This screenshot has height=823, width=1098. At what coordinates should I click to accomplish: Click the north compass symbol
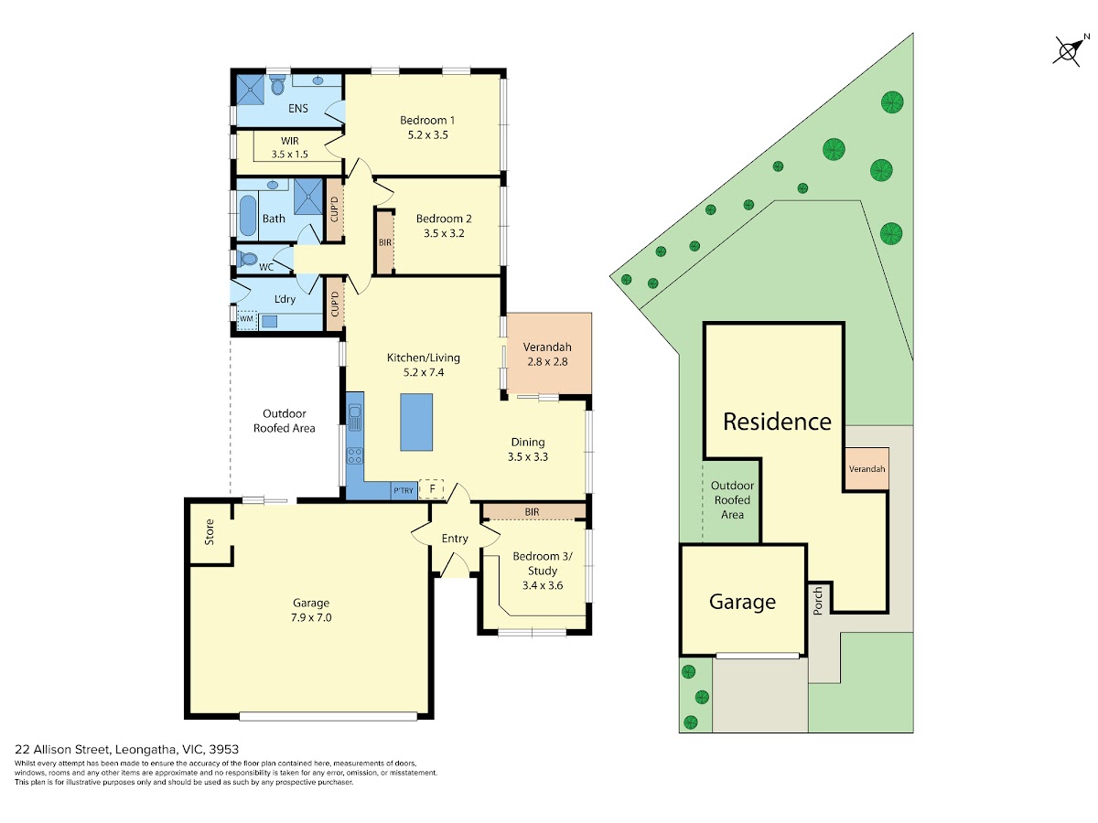pyautogui.click(x=1068, y=51)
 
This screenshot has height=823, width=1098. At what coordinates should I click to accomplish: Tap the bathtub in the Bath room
pyautogui.click(x=247, y=217)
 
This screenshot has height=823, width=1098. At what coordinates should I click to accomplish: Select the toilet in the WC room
pyautogui.click(x=248, y=259)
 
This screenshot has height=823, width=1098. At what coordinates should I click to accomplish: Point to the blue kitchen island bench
pyautogui.click(x=415, y=422)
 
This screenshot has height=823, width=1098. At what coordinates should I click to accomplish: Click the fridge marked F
pyautogui.click(x=431, y=488)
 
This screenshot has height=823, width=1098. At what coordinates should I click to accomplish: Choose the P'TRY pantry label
pyautogui.click(x=404, y=491)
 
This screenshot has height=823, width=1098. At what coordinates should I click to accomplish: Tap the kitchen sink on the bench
pyautogui.click(x=355, y=418)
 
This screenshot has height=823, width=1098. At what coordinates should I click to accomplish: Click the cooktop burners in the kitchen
pyautogui.click(x=355, y=455)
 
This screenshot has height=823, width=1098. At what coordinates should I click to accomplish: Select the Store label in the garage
pyautogui.click(x=210, y=531)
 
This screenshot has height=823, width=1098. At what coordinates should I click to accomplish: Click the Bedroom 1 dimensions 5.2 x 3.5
pyautogui.click(x=427, y=135)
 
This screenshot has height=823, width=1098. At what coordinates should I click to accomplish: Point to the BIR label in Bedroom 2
pyautogui.click(x=385, y=243)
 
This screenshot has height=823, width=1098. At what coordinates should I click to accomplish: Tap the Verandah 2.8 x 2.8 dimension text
pyautogui.click(x=547, y=362)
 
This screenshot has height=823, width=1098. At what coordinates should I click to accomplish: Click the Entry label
pyautogui.click(x=455, y=539)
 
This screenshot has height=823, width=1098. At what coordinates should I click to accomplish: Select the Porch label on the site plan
pyautogui.click(x=818, y=600)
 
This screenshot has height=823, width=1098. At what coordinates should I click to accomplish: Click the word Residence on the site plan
pyautogui.click(x=778, y=422)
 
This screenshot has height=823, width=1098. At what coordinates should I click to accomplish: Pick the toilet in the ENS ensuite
pyautogui.click(x=277, y=85)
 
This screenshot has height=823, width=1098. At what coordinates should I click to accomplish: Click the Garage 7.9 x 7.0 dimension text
pyautogui.click(x=311, y=617)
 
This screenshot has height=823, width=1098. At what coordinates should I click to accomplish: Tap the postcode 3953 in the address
pyautogui.click(x=223, y=750)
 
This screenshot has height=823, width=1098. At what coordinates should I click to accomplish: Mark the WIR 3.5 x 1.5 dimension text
pyautogui.click(x=290, y=155)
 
